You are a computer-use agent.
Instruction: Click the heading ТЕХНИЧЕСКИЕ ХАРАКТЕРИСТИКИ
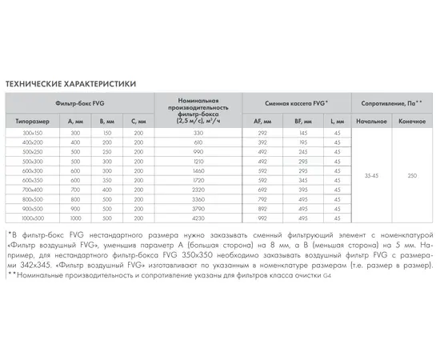coord(70,82)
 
